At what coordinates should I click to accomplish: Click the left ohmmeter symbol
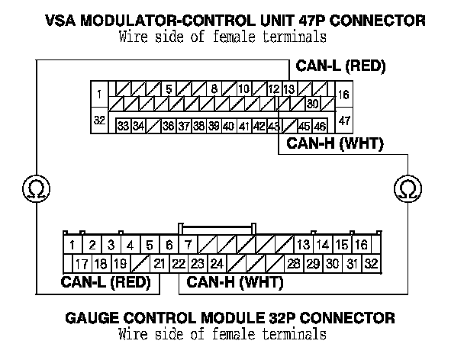[x=34, y=188]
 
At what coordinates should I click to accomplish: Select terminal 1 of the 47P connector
[x=100, y=95]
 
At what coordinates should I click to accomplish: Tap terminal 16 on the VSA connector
[x=343, y=95]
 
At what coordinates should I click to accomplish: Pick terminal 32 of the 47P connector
[x=100, y=121]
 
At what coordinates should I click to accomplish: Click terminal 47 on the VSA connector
[x=343, y=121]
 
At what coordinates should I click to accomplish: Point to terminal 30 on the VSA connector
[x=311, y=104]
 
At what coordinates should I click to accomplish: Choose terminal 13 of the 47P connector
[x=288, y=89]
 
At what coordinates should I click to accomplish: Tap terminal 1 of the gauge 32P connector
[x=71, y=245]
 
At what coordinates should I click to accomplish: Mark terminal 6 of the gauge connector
[x=169, y=245]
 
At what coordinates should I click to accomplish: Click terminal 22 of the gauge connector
[x=177, y=265]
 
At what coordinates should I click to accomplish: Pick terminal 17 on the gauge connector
[x=81, y=265]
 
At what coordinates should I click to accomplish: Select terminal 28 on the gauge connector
[x=293, y=265]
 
